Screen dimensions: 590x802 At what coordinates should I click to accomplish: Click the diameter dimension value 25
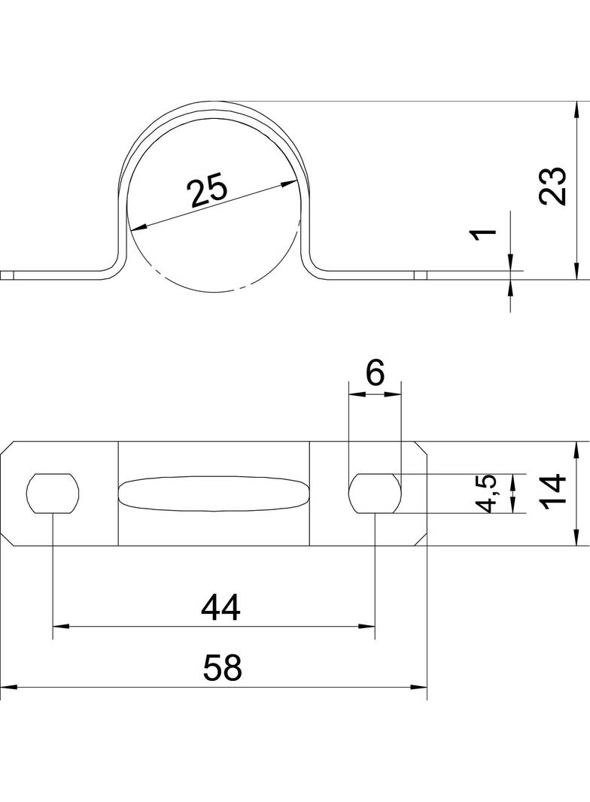[207, 190]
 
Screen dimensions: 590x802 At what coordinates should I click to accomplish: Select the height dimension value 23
[553, 186]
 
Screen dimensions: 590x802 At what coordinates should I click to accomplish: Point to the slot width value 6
[375, 374]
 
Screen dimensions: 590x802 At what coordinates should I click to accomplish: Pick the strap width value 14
[553, 491]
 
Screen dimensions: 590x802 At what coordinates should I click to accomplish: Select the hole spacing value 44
[220, 608]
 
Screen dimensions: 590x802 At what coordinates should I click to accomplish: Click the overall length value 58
[222, 668]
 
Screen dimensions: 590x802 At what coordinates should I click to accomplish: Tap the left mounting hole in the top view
[53, 493]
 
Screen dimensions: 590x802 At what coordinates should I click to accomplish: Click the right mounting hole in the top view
[375, 493]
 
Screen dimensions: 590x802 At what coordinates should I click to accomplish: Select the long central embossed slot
[214, 494]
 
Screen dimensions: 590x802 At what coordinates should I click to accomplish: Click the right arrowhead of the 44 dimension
[367, 625]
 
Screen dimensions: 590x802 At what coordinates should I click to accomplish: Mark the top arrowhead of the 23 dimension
[576, 109]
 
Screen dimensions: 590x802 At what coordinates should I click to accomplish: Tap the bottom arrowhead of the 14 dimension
[576, 538]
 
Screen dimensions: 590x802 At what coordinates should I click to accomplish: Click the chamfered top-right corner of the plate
[420, 447]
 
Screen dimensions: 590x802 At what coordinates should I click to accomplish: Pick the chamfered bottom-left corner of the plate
[8, 539]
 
